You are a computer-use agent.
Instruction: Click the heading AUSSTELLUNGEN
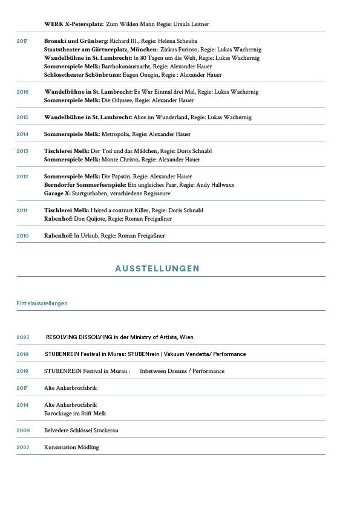tap(157, 268)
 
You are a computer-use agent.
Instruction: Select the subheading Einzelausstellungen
tap(42, 303)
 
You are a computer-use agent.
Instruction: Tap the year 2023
tap(23, 337)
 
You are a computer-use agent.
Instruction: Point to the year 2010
tap(22, 235)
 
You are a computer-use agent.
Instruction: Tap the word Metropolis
tap(118, 134)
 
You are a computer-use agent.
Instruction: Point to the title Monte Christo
tap(120, 160)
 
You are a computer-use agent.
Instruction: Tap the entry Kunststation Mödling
tap(71, 447)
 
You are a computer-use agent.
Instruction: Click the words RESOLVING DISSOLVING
tap(81, 337)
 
